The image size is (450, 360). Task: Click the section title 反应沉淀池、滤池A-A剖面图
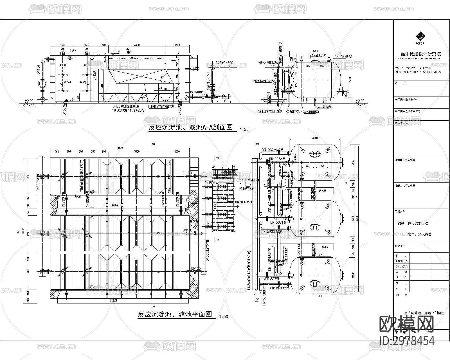(x=191, y=128)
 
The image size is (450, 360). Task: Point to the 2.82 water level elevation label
(x=72, y=51)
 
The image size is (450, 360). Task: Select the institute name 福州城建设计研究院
(x=420, y=54)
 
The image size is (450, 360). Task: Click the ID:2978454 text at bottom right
(x=407, y=341)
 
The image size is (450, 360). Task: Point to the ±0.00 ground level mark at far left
(x=29, y=101)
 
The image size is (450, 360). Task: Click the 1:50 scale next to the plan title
(x=223, y=317)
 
